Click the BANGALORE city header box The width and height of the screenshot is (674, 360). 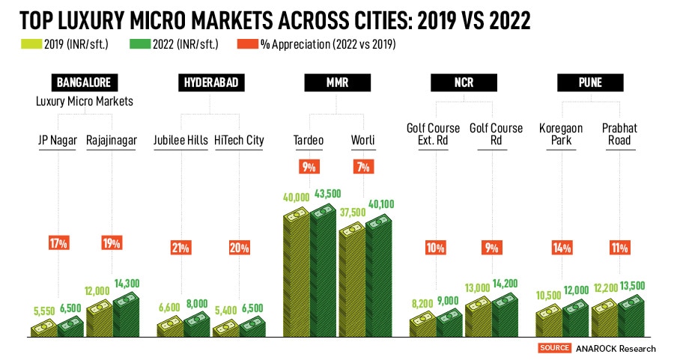coord(84,83)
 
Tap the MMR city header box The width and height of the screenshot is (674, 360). coord(337,83)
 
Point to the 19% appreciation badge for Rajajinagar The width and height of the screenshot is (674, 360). coord(112,242)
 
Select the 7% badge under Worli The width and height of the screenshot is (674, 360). coord(364,167)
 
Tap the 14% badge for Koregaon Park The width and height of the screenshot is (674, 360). coord(561,248)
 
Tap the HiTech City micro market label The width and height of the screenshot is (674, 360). coord(239,139)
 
